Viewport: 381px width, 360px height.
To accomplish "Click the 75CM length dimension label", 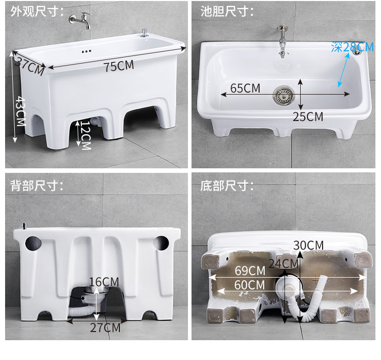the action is click(x=119, y=66).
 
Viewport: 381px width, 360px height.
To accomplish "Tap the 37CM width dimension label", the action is click(x=30, y=66).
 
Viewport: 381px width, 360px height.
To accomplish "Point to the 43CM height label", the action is click(x=20, y=111).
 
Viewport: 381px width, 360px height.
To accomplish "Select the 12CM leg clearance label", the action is click(x=86, y=135).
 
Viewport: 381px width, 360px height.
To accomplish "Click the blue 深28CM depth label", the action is click(x=353, y=47).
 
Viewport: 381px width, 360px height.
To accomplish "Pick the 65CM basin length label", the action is click(x=245, y=88).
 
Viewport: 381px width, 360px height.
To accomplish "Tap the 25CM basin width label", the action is click(x=308, y=117).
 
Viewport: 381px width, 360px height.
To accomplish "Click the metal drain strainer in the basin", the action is click(x=283, y=95).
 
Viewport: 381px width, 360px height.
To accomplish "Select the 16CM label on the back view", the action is click(x=104, y=282).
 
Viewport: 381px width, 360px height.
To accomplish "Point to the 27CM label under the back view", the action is click(x=105, y=327).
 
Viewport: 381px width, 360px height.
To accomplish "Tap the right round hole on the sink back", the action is click(x=161, y=243).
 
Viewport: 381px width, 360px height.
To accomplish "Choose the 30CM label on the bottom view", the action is click(x=308, y=245).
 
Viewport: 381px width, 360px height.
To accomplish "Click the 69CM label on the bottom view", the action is click(x=250, y=271).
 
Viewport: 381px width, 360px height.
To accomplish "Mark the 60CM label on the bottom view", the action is click(x=249, y=285).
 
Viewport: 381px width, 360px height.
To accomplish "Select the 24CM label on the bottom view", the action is click(x=283, y=263).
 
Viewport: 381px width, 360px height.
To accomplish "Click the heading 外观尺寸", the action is click(x=37, y=11).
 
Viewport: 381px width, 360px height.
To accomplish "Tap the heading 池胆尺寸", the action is click(x=227, y=11).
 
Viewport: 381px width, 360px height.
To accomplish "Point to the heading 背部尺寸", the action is click(x=37, y=186).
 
